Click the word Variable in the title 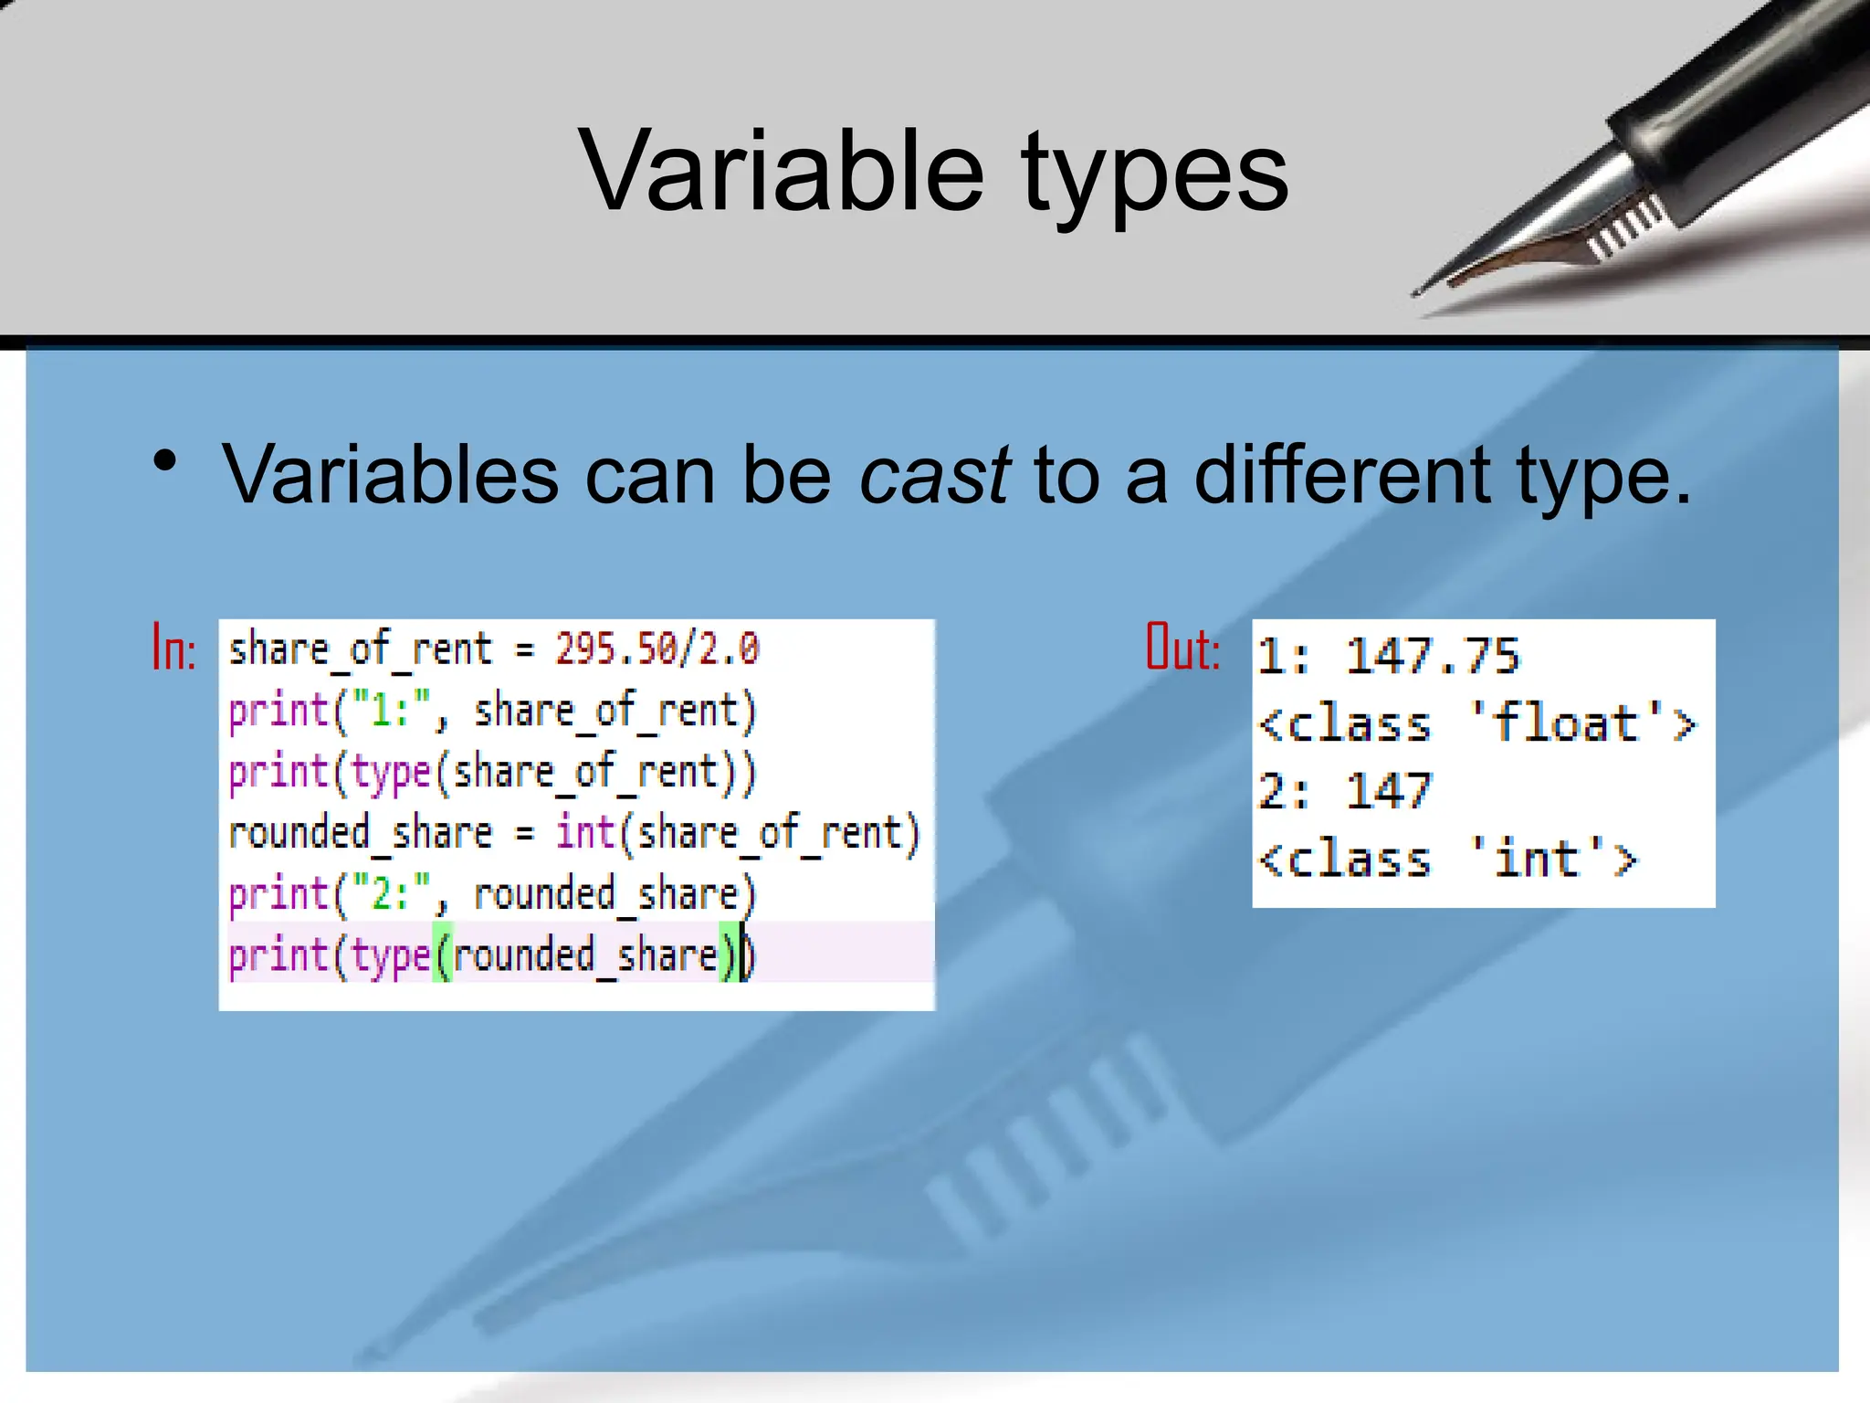pos(782,171)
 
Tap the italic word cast pos(933,474)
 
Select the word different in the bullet pos(1342,474)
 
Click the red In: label pos(173,649)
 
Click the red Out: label pos(1183,649)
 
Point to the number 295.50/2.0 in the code pos(657,649)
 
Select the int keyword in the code pos(585,832)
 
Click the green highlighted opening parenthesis pos(443,955)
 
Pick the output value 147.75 pos(1432,656)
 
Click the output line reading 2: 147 pos(1344,791)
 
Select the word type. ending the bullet pos(1603,476)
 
